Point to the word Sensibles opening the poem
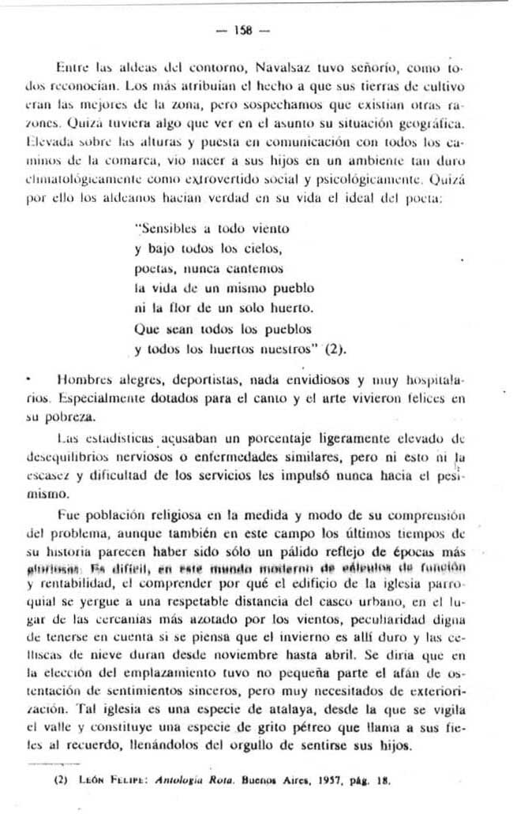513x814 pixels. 172,229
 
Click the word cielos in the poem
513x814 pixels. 260,248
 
